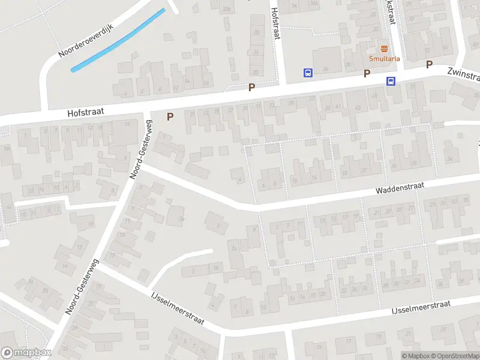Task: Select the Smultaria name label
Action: click(x=384, y=58)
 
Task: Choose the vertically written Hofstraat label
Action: click(x=276, y=22)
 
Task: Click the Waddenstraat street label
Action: click(x=400, y=188)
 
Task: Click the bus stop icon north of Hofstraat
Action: click(x=308, y=73)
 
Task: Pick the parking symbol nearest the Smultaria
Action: click(x=366, y=73)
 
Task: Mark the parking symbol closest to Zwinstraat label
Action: click(x=429, y=64)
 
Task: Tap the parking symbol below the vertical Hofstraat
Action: click(x=251, y=87)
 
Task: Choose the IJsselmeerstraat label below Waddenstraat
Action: click(x=421, y=307)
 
